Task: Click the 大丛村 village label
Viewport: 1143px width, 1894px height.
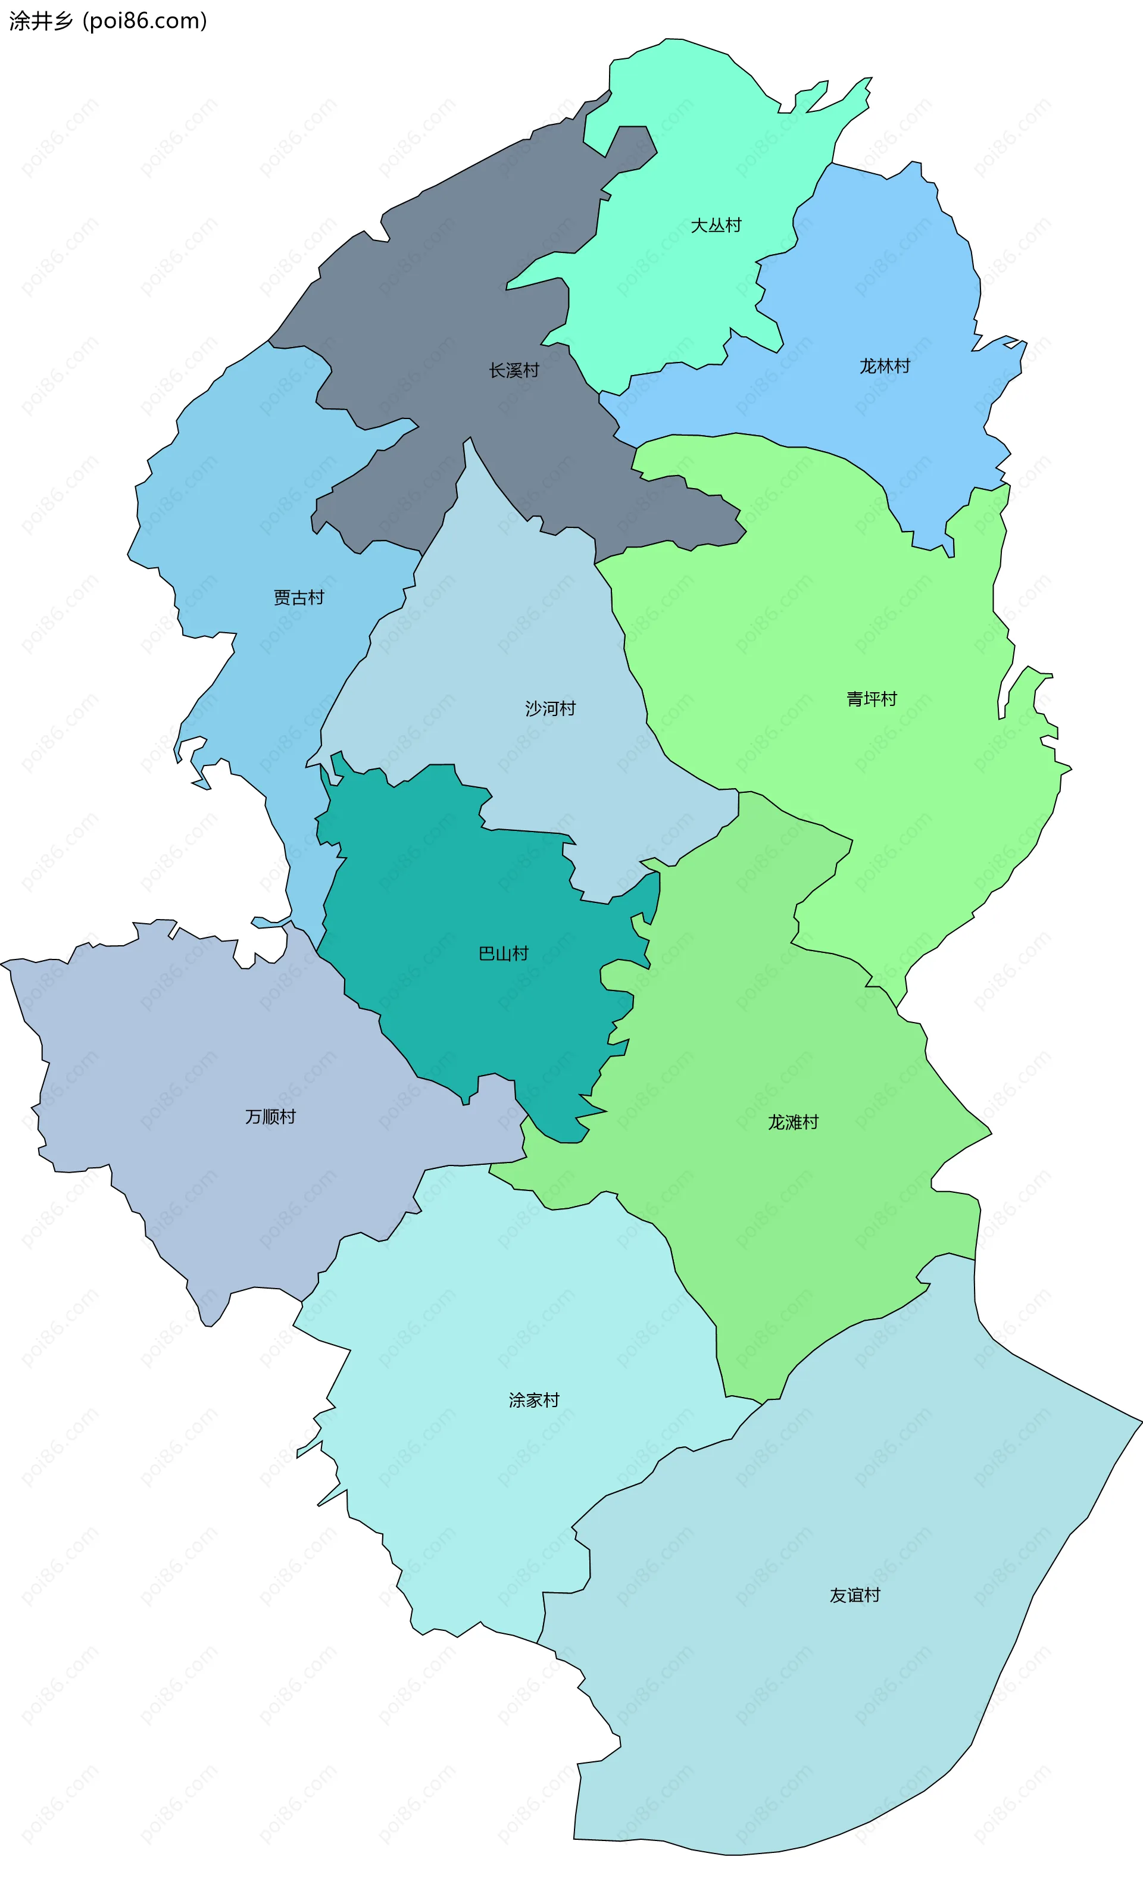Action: (x=716, y=225)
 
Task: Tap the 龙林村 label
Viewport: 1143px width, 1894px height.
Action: (x=884, y=366)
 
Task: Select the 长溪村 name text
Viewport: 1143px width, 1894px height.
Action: (x=514, y=370)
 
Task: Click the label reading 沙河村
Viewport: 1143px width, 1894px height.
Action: (x=550, y=708)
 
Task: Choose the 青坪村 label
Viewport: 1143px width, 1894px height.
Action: (x=872, y=699)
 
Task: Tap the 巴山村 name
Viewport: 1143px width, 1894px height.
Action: (x=504, y=954)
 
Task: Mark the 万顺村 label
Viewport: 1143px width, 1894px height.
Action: (x=270, y=1116)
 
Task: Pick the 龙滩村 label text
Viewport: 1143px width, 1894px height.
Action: (x=794, y=1122)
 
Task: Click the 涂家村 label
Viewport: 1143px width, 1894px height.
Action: (x=534, y=1400)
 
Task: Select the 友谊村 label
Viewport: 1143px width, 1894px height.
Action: (x=855, y=1595)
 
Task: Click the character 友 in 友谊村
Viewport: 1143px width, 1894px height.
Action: (x=838, y=1595)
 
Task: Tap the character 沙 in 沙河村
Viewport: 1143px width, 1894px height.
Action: (x=533, y=708)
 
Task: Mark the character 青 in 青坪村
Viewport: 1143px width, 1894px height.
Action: (x=855, y=699)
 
